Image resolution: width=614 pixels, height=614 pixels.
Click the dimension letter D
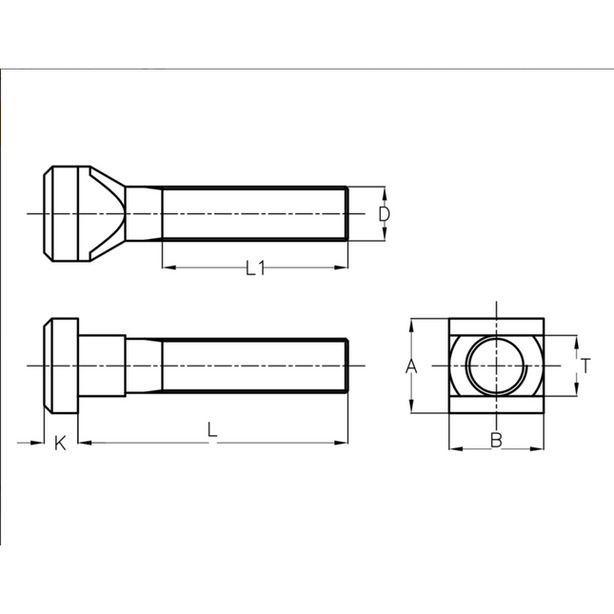click(383, 214)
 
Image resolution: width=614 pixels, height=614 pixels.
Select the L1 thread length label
click(254, 269)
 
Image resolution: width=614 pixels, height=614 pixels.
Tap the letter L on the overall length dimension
click(212, 430)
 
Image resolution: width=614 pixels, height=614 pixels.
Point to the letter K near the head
click(59, 444)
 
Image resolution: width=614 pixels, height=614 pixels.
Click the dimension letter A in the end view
click(411, 366)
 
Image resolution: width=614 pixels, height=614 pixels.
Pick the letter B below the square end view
click(495, 439)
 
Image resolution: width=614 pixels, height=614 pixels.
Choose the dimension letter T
click(586, 365)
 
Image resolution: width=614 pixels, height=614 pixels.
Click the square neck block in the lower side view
click(101, 366)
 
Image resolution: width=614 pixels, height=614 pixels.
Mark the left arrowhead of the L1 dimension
click(168, 267)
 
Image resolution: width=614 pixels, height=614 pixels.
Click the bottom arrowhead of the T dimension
click(577, 390)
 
